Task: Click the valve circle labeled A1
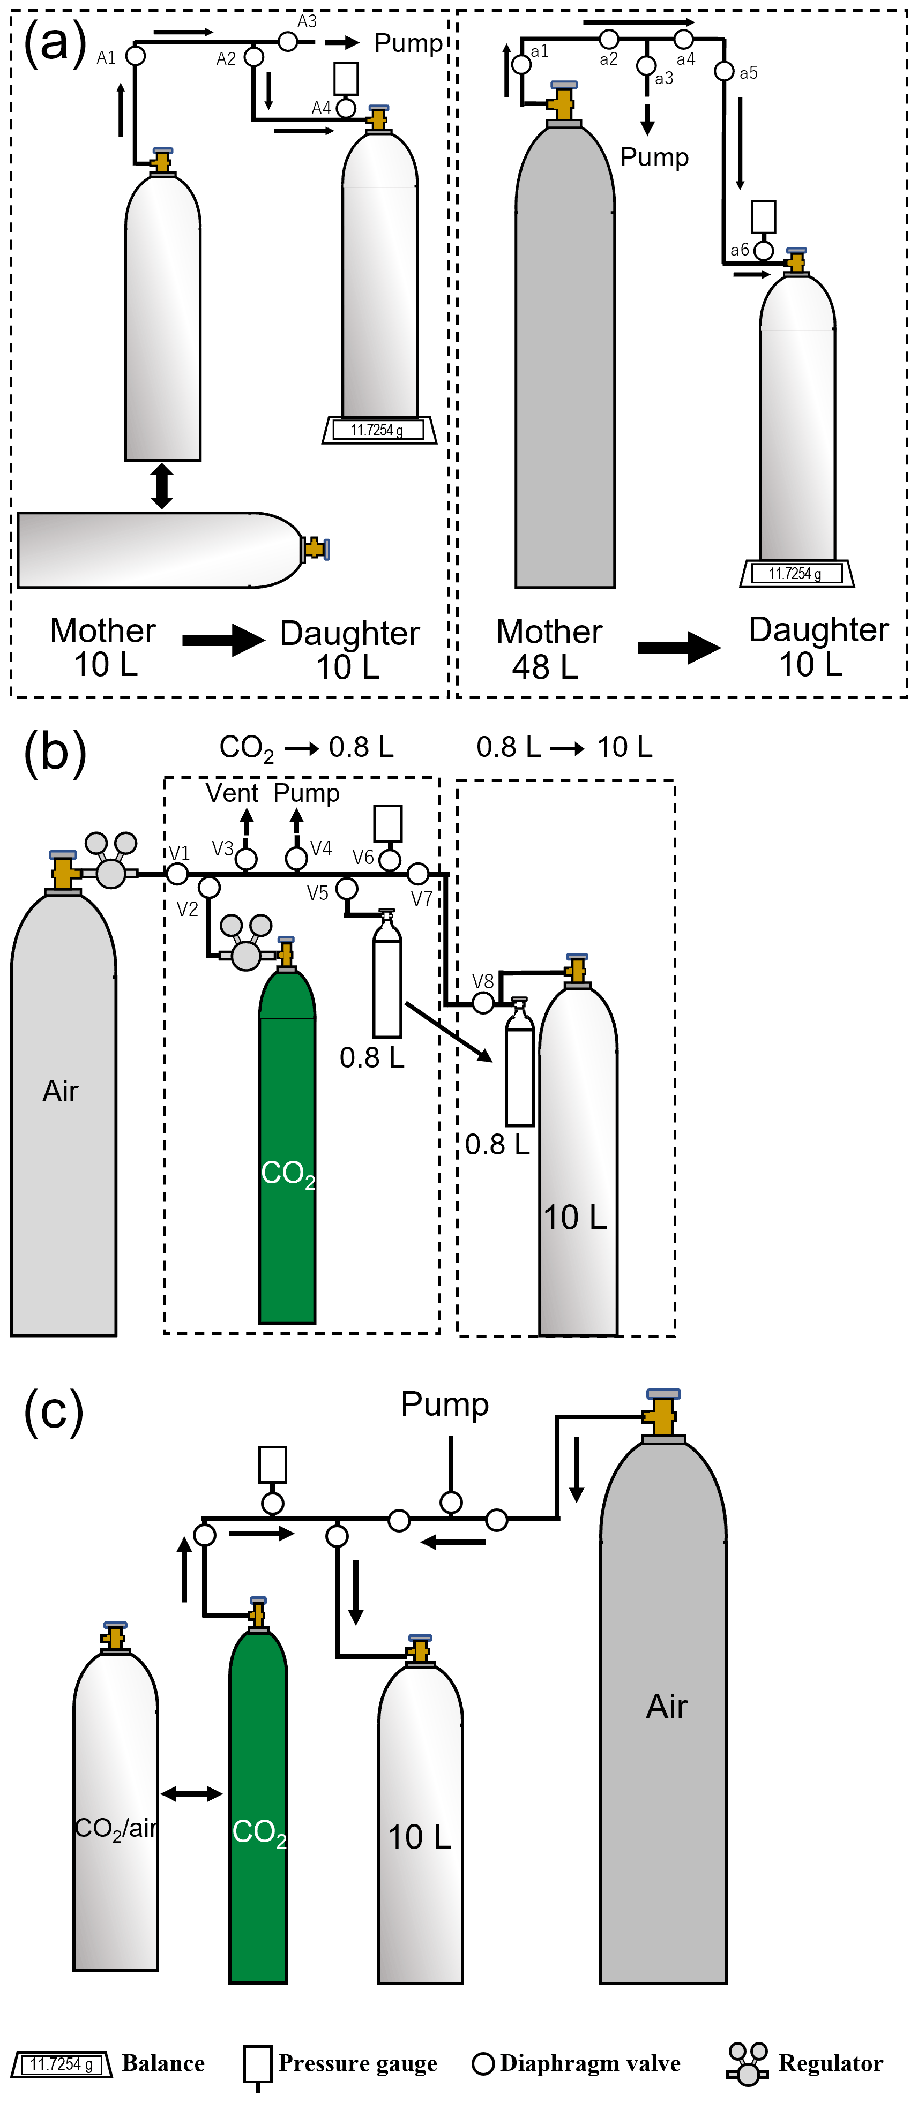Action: [x=136, y=56]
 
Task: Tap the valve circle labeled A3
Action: [x=287, y=41]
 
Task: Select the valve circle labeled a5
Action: [x=723, y=71]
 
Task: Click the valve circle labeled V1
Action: [x=177, y=874]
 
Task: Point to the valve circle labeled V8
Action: [x=483, y=1003]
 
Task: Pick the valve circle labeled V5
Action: [x=347, y=888]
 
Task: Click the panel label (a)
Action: [x=55, y=42]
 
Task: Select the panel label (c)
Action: [x=53, y=1411]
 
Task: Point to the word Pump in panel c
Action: [x=444, y=1404]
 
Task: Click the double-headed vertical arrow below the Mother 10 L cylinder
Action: [x=162, y=486]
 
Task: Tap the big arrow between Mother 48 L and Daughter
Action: [x=678, y=648]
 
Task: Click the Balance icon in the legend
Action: [x=61, y=2064]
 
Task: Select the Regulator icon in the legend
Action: [x=747, y=2064]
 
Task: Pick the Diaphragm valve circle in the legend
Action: [x=483, y=2064]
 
